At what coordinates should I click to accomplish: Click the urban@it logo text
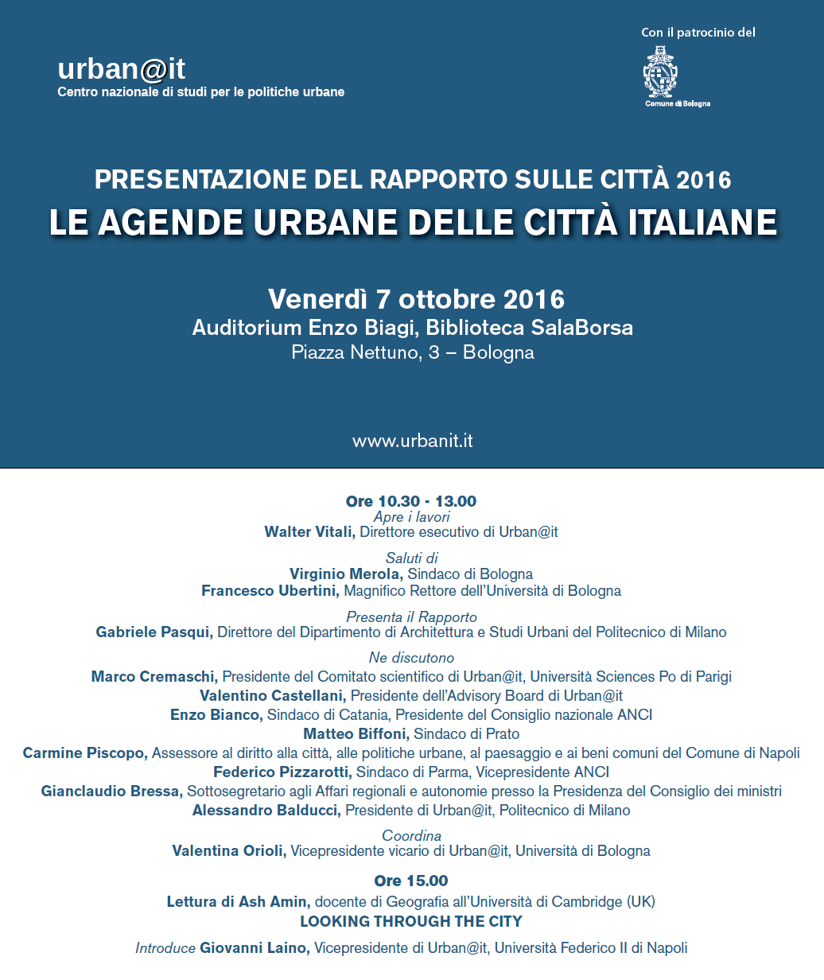click(x=122, y=70)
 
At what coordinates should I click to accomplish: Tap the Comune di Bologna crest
click(x=660, y=73)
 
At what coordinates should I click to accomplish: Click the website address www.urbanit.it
click(x=412, y=441)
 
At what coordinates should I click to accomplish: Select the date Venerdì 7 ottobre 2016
click(x=417, y=299)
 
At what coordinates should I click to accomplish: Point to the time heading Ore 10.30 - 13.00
click(x=411, y=501)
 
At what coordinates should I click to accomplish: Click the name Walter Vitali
click(x=309, y=532)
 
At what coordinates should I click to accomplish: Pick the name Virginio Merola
click(x=346, y=574)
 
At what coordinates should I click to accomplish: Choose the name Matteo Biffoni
click(x=356, y=734)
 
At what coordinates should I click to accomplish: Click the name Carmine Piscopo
click(x=85, y=753)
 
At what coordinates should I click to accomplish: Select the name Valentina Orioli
click(x=229, y=851)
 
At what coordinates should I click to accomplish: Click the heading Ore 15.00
click(x=411, y=881)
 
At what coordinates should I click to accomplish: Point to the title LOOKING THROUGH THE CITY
click(x=411, y=921)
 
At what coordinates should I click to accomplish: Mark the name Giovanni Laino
click(x=255, y=948)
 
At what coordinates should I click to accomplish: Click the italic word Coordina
click(x=411, y=836)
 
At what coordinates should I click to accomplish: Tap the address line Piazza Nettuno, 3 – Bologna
click(x=413, y=352)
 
